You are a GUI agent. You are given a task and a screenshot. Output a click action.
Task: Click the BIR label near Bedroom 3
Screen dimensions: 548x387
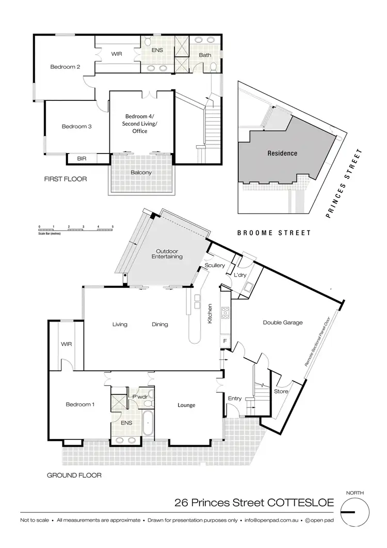(82, 159)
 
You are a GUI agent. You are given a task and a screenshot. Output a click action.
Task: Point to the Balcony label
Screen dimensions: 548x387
(140, 173)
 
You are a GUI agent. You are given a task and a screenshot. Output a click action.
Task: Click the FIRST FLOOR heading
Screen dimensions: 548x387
(66, 179)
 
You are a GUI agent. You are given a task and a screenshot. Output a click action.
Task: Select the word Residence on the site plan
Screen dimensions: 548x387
(282, 153)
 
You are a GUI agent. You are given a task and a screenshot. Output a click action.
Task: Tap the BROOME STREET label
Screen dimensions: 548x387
(274, 233)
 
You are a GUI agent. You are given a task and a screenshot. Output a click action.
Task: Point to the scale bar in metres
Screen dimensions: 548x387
(76, 228)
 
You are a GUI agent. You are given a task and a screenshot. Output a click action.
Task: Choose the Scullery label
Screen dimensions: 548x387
(215, 265)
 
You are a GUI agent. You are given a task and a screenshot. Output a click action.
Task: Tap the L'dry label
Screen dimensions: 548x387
(240, 276)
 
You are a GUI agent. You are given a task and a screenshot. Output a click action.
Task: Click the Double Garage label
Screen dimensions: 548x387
(282, 323)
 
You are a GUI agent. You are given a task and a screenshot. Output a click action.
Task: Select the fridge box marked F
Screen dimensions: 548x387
(225, 342)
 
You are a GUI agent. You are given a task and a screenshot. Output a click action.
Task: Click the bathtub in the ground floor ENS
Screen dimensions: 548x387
(147, 423)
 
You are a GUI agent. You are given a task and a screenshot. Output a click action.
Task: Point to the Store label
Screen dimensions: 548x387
(281, 391)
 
